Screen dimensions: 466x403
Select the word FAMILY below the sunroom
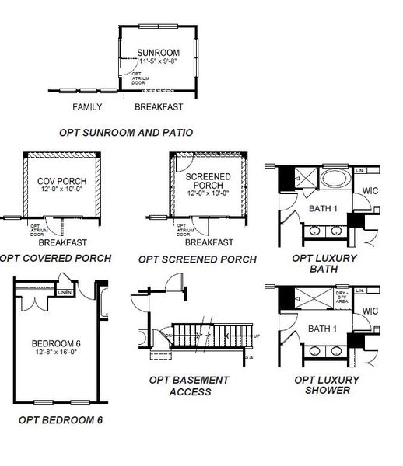click(x=88, y=106)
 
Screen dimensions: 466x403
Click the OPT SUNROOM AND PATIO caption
click(x=126, y=133)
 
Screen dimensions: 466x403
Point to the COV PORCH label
click(x=61, y=182)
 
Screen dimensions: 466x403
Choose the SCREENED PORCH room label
click(x=208, y=182)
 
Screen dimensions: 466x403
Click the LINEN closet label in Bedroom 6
click(x=65, y=293)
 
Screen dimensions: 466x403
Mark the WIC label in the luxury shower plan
click(x=370, y=312)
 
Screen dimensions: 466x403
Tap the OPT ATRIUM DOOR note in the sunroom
click(x=135, y=78)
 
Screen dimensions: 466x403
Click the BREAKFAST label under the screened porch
click(x=209, y=242)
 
